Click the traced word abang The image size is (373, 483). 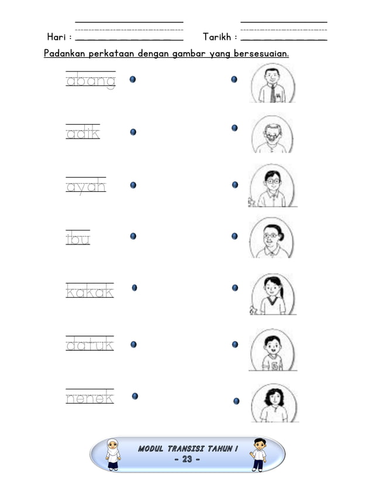[91, 81]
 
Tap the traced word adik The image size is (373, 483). [83, 133]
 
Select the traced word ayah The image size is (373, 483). [86, 187]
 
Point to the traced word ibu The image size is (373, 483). [78, 239]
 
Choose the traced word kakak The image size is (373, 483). [89, 291]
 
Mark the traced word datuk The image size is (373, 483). [89, 345]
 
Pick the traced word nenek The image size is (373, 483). [89, 398]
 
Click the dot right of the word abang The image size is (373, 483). [133, 79]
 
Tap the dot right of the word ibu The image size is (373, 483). [133, 236]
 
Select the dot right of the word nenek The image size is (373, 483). [135, 396]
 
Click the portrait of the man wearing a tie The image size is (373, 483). [272, 84]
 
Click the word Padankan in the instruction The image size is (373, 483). [64, 54]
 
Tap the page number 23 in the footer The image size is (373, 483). [187, 460]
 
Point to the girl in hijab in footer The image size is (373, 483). [113, 454]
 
